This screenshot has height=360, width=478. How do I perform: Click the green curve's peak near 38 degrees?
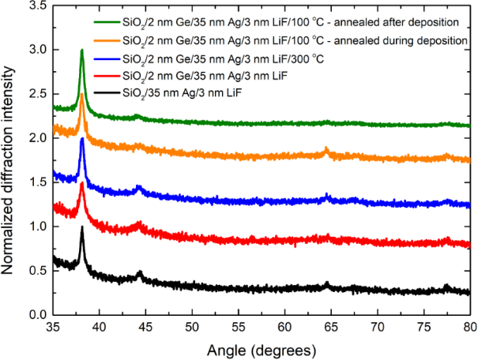coord(81,51)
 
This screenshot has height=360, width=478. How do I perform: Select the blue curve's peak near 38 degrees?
coord(81,139)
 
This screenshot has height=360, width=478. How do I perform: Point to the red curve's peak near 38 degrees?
coord(81,183)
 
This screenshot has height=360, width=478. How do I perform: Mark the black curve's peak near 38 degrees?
coord(81,227)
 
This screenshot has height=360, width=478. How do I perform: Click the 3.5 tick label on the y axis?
coord(36,6)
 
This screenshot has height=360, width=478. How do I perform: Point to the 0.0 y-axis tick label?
coord(36,315)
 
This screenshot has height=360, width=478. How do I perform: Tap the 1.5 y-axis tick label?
coord(36,182)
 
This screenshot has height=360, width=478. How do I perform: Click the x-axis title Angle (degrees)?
coord(262,348)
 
